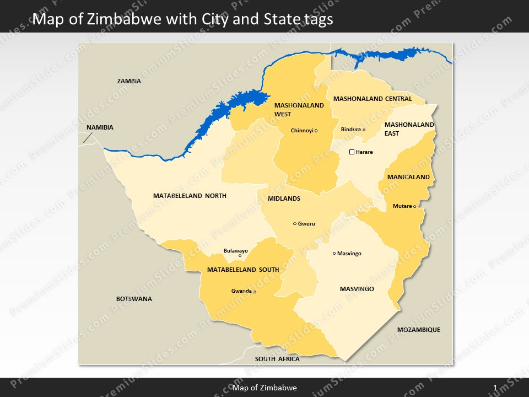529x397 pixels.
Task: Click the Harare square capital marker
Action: click(352, 152)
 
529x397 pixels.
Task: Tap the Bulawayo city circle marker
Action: click(240, 256)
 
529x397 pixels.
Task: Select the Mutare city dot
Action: click(414, 207)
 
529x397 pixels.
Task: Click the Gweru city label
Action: click(306, 224)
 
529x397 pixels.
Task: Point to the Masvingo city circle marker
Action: click(334, 254)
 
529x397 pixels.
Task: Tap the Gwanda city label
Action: click(241, 291)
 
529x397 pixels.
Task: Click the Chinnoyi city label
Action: click(302, 131)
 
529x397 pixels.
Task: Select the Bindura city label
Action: click(350, 130)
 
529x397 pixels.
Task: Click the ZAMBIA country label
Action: click(129, 81)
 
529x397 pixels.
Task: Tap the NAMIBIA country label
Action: click(100, 127)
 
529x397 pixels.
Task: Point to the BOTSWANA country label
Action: click(134, 299)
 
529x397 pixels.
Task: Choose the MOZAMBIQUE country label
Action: click(419, 330)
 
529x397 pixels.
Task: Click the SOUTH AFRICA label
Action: click(277, 359)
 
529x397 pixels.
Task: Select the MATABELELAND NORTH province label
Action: click(190, 196)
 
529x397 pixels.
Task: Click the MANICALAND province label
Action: click(408, 178)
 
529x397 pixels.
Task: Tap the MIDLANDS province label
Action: click(284, 198)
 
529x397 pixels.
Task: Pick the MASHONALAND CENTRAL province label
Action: click(373, 99)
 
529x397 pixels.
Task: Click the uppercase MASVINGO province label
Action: click(357, 289)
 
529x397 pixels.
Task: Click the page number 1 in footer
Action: click(495, 388)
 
